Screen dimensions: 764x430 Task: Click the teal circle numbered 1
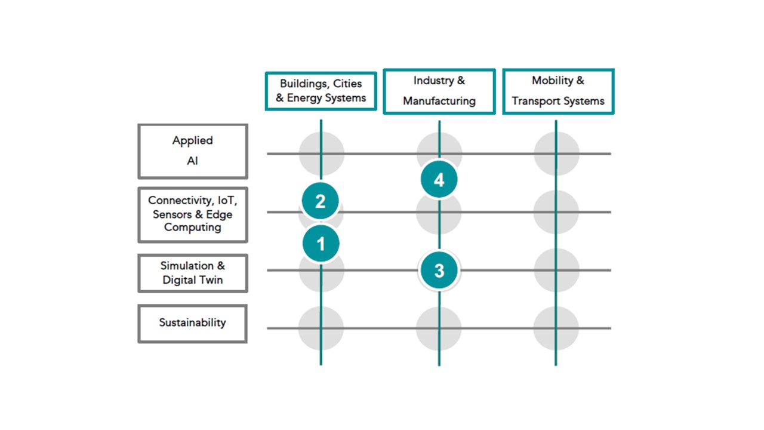coord(321,243)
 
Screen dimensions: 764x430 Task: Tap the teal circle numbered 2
coord(321,201)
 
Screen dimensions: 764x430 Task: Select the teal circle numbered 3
coord(439,271)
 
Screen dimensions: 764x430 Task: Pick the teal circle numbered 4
coord(439,179)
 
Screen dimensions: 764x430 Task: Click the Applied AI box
coord(193,151)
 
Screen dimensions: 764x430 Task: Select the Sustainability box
coord(193,324)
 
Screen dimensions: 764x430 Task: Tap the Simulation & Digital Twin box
coord(193,273)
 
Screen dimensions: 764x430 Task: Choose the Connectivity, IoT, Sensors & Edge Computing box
coord(193,214)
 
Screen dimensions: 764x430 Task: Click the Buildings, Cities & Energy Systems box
coord(321,91)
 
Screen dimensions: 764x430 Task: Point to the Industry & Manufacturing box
coord(439,91)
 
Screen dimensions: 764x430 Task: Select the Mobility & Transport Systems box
coord(558,91)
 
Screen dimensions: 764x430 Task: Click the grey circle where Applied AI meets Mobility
coord(557,153)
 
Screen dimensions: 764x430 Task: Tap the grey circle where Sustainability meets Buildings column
coord(321,328)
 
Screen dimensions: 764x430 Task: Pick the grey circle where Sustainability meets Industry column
coord(439,328)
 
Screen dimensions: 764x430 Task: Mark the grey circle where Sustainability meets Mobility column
coord(556,328)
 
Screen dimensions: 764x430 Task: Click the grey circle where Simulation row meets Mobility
coord(557,271)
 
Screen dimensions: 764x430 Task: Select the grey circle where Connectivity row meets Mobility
coord(556,212)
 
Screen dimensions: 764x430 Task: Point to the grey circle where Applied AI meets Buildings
coord(322,153)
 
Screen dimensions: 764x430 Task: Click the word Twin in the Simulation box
coord(211,280)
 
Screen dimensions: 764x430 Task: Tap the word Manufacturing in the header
coord(439,101)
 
